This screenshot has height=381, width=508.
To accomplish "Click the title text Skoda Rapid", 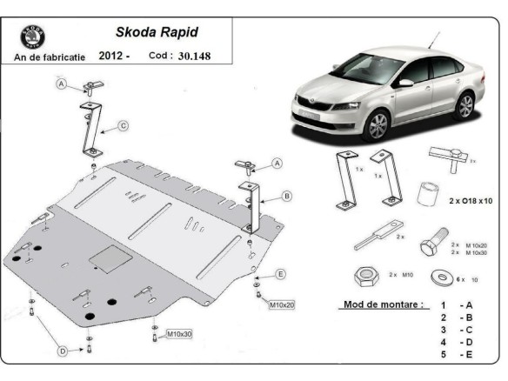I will [x=157, y=32].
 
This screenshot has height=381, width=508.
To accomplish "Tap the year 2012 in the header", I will [x=113, y=57].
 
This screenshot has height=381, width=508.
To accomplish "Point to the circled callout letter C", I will [x=124, y=126].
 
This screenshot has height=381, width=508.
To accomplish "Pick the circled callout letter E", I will [x=280, y=274].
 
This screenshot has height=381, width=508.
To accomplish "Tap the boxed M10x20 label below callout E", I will [x=282, y=305].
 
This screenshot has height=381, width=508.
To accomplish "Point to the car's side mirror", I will [x=406, y=84].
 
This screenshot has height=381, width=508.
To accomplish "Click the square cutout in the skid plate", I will [x=109, y=258].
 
